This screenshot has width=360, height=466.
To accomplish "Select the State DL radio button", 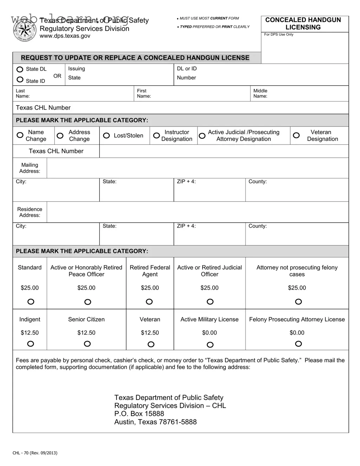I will (20, 69).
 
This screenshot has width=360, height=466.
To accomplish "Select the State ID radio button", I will (20, 80).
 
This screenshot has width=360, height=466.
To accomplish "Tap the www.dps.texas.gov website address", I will (65, 36).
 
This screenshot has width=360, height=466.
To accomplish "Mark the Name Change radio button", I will (20, 135).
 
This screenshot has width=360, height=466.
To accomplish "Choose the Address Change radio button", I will (60, 136).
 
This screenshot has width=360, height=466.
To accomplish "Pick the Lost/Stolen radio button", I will (106, 136).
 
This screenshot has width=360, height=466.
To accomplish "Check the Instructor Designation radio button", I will (157, 136).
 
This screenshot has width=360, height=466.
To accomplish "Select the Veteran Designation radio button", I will (296, 135).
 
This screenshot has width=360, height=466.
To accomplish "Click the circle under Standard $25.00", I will (31, 302).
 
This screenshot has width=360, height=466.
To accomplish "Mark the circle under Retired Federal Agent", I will (149, 302).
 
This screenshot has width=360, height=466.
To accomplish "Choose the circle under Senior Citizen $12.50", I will (87, 344).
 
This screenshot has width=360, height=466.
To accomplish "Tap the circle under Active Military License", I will (210, 345).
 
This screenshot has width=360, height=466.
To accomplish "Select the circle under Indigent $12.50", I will (31, 344).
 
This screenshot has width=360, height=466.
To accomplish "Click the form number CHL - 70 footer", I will (35, 453).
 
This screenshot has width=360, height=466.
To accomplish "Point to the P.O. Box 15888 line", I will (139, 414).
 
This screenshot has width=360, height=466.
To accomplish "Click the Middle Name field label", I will (260, 93).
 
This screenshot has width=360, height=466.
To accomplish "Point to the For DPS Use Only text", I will (279, 34).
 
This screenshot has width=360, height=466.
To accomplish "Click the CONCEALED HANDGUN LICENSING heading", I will (303, 24).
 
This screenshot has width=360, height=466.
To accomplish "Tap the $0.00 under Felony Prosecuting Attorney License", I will (297, 333).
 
